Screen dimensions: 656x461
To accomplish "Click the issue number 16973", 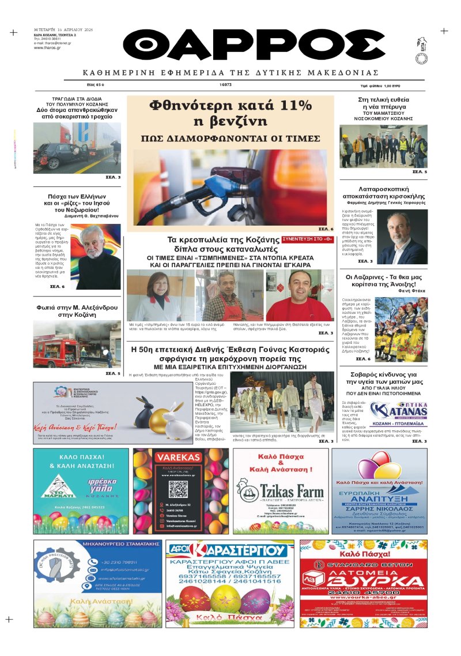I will [x=226, y=85].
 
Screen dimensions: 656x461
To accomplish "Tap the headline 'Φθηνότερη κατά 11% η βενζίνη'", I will [x=230, y=114].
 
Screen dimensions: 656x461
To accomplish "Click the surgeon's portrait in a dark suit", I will [x=402, y=237].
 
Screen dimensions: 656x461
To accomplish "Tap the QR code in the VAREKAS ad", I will [x=177, y=490].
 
